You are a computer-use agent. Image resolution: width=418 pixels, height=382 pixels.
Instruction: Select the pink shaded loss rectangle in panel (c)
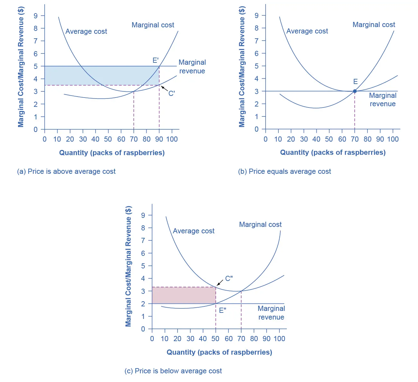pos(184,295)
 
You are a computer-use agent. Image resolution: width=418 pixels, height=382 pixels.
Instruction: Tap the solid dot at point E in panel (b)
pos(355,91)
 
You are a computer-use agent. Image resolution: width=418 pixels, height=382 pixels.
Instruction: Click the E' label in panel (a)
pos(156,60)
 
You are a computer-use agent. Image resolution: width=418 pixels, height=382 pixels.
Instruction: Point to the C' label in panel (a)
pos(172,93)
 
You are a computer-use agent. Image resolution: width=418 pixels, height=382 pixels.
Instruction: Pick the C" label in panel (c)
pos(229,278)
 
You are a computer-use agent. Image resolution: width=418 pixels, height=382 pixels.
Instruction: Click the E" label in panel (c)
pos(223,311)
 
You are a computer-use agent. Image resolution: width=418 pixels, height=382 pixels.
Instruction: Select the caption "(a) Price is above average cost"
pos(66,172)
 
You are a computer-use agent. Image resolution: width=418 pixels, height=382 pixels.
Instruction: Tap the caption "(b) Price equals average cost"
pos(284,172)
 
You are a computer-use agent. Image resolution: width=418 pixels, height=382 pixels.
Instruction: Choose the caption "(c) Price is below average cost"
pos(173,371)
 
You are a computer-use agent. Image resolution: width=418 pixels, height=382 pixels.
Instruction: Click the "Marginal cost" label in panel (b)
pos(374,25)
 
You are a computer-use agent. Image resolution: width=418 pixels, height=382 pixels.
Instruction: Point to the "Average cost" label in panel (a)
pos(86,32)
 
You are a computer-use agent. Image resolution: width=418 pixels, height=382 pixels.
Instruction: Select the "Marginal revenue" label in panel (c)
pos(271,313)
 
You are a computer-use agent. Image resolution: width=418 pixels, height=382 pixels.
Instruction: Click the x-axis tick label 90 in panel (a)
pos(159,139)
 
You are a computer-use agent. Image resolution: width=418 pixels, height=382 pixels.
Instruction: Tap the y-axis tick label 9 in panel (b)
pos(256,15)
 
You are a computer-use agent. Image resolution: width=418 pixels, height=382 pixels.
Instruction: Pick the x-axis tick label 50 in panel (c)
pos(215,339)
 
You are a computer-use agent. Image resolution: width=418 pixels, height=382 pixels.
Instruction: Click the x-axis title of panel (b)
pos(333,153)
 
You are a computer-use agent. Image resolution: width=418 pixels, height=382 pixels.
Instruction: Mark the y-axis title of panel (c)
pos(128,266)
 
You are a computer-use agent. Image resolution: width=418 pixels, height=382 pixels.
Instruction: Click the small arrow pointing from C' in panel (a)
pos(164,88)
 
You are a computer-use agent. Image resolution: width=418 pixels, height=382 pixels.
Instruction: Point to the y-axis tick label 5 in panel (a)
pos(36,66)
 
